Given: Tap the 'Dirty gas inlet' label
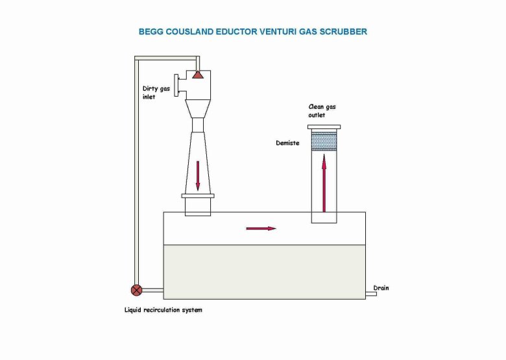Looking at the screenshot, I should coord(156,93).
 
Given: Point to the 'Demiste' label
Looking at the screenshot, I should coord(287,143).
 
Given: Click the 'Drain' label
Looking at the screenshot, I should coord(381,287).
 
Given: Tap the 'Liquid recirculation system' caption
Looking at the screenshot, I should coord(163,310).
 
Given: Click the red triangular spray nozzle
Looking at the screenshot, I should coord(198,76).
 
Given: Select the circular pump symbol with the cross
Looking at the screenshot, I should coord(137,290).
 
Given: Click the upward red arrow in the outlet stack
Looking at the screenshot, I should coord(324,185).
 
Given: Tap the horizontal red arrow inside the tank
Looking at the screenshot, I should coord(261,228).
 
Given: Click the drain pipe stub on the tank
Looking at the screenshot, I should coord(371,294).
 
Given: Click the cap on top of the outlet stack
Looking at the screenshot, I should coord(324,127).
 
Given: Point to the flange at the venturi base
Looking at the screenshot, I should coord(198,196).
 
